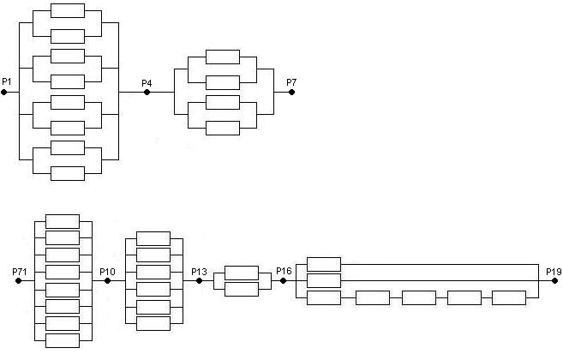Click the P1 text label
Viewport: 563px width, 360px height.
tap(7, 81)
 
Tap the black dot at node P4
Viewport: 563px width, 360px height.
tap(147, 92)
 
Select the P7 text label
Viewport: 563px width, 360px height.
tap(292, 82)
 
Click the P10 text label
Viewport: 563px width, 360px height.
tap(107, 272)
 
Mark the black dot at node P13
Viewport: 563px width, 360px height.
tap(200, 281)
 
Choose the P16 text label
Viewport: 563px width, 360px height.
tap(284, 272)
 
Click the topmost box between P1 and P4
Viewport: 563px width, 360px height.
tap(68, 10)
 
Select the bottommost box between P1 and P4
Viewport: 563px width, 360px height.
tap(68, 173)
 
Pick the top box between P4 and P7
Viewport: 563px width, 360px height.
tap(223, 57)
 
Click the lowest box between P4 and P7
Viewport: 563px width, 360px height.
tap(223, 128)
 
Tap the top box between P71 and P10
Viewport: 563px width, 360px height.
tap(62, 221)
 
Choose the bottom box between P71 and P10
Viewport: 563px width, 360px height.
tap(62, 340)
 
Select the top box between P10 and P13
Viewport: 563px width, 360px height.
tap(153, 238)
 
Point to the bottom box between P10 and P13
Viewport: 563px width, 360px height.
tap(153, 323)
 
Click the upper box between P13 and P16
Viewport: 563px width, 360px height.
tap(241, 273)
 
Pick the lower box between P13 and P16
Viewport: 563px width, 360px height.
tap(241, 289)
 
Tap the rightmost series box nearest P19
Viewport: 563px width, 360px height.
tap(509, 297)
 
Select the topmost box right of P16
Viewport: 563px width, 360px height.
tap(323, 264)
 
